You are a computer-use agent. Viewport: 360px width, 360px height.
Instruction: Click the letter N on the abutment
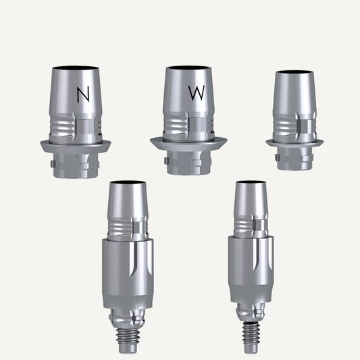[x=83, y=95]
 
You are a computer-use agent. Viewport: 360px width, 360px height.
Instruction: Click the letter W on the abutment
[x=197, y=93]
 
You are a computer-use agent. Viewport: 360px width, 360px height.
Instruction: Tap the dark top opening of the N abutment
[x=76, y=68]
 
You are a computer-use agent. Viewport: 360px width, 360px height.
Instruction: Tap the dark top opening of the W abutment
[x=188, y=68]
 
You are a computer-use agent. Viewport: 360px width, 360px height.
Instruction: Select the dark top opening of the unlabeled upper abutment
[x=294, y=72]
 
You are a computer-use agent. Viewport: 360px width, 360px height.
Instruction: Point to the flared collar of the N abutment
[x=76, y=146]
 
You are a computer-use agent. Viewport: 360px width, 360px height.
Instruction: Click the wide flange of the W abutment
[x=188, y=144]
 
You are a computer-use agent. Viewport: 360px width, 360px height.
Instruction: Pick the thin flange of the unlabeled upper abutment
[x=294, y=143]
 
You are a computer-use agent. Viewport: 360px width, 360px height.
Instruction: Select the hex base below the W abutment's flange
[x=188, y=163]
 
